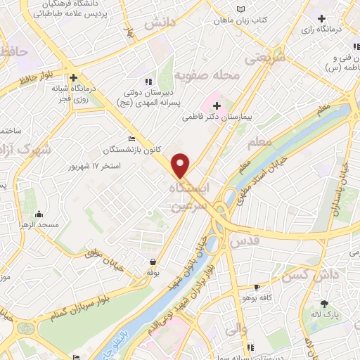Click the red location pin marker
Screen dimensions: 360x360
[181, 165]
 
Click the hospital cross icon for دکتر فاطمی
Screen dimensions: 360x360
[217, 105]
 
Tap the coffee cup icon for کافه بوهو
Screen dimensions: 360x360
[257, 287]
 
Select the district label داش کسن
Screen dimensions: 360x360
[303, 275]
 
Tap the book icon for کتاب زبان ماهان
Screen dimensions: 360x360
[243, 8]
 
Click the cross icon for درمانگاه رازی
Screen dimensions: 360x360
[321, 18]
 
